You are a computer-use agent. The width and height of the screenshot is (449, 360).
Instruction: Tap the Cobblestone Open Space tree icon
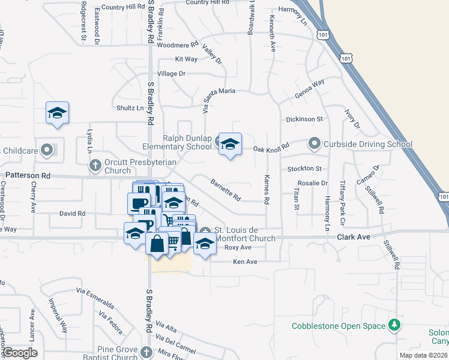[x=394, y=325]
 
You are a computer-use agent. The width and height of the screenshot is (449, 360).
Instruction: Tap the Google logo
[x=19, y=352]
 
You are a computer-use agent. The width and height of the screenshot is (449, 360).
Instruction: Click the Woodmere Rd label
[x=177, y=45]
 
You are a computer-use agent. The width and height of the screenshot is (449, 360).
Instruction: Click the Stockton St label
[x=304, y=169]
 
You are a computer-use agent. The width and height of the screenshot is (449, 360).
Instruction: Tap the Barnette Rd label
[x=225, y=189]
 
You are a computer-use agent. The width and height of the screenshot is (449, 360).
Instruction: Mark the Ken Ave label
[x=245, y=262]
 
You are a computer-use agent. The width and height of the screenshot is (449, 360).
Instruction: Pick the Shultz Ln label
[x=130, y=108]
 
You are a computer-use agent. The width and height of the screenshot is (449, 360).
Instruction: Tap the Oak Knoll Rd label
[x=271, y=147]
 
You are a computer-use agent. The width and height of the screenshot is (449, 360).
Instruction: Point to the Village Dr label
[x=172, y=73]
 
